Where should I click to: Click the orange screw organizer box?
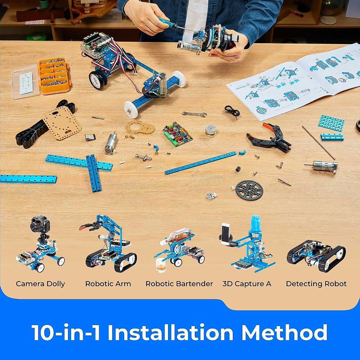click(54, 76)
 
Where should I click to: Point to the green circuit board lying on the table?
click(177, 134)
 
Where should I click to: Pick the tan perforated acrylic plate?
click(61, 123)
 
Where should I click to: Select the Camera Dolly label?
click(40, 284)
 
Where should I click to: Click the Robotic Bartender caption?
click(179, 284)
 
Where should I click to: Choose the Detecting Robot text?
click(316, 284)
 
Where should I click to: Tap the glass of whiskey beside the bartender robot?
click(161, 265)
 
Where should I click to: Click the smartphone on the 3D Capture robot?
click(226, 232)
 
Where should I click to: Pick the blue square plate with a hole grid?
click(331, 123)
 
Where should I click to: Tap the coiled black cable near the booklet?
click(232, 111)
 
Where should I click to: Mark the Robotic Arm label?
click(108, 284)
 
